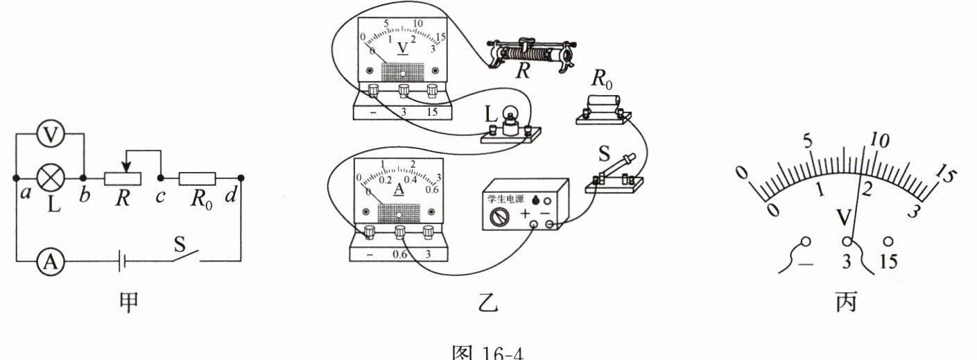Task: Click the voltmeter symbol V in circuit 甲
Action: coord(48,137)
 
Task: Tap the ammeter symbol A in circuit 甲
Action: coord(48,261)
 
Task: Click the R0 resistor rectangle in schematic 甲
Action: coord(198,178)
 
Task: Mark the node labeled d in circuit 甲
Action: coord(240,178)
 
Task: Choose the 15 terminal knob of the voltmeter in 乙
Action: coord(433,91)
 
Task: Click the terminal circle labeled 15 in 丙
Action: coord(888,242)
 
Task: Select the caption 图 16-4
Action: coord(488,352)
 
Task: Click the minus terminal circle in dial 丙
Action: coord(805,243)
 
